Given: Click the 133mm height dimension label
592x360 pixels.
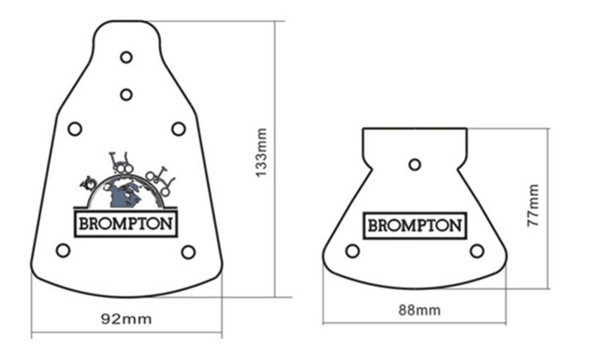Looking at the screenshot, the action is pyautogui.click(x=261, y=153).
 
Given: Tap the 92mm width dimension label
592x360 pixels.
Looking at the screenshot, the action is pyautogui.click(x=126, y=318).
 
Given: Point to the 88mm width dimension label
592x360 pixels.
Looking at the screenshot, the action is pyautogui.click(x=419, y=310).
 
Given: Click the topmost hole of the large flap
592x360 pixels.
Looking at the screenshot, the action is pyautogui.click(x=126, y=57).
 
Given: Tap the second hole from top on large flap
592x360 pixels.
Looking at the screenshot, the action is pyautogui.click(x=126, y=94).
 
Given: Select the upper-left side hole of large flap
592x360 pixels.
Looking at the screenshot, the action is pyautogui.click(x=75, y=128).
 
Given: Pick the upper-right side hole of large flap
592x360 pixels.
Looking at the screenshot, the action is pyautogui.click(x=178, y=128).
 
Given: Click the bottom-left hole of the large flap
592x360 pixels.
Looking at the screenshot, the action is pyautogui.click(x=63, y=250).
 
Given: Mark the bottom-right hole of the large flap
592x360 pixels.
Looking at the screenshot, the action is pyautogui.click(x=188, y=252).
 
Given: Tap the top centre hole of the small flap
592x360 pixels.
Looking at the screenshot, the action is pyautogui.click(x=415, y=165).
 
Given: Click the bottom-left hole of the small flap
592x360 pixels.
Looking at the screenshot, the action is pyautogui.click(x=352, y=251).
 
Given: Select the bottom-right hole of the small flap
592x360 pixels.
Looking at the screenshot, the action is pyautogui.click(x=476, y=251).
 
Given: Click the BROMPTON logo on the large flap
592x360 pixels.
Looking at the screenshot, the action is pyautogui.click(x=125, y=223).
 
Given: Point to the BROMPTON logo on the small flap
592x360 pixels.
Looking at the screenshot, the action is pyautogui.click(x=415, y=225).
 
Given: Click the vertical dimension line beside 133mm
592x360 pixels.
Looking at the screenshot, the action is pyautogui.click(x=275, y=159).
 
